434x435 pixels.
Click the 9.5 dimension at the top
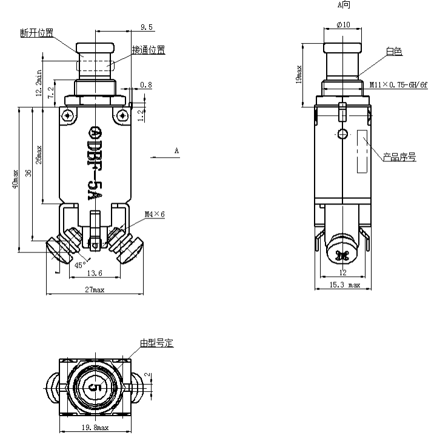[145, 27]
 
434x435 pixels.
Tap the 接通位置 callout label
[148, 50]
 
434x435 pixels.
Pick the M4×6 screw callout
[155, 214]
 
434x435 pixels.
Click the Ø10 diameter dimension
[342, 25]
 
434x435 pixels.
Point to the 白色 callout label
[393, 52]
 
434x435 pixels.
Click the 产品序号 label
[399, 157]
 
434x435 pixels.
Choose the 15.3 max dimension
[344, 285]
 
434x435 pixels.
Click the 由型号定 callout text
[156, 343]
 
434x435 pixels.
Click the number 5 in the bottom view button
[94, 386]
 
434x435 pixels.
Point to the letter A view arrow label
[176, 150]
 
